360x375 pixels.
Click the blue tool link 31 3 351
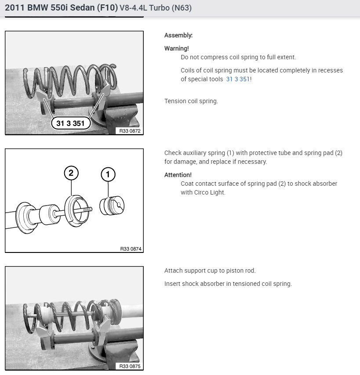coord(237,79)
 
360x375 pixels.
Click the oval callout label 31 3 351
coord(71,123)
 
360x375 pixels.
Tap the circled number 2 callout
coord(71,173)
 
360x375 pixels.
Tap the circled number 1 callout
coord(108,174)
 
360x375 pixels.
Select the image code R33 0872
coord(130,131)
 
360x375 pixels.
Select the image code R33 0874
coord(130,249)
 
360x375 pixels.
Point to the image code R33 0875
coord(130,366)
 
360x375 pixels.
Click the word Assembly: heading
coord(178,35)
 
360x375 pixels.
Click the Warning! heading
coord(176,48)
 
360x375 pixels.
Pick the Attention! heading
coord(178,175)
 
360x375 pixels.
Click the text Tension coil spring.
coord(191,101)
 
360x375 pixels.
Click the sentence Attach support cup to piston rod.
coord(210,270)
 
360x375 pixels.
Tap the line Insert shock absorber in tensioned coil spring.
coord(228,284)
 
